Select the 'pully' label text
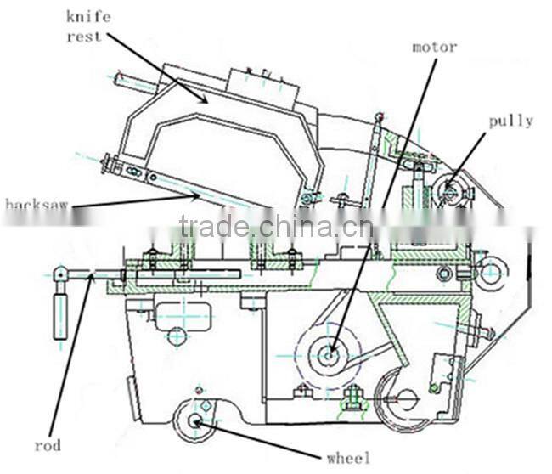pyautogui.click(x=510, y=121)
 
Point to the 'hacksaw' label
pyautogui.click(x=37, y=204)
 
